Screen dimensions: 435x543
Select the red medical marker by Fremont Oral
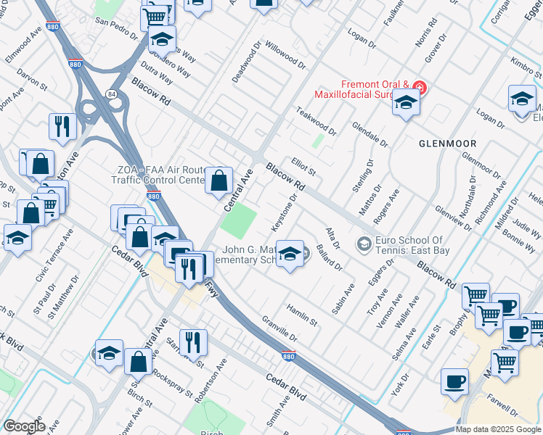coord(420,88)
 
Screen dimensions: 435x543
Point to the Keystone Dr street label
coord(285,212)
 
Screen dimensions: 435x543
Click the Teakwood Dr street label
coord(316,121)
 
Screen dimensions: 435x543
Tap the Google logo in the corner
coord(24,426)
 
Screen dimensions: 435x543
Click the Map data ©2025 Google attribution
coord(498,429)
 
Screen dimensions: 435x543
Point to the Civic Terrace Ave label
coord(55,256)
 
